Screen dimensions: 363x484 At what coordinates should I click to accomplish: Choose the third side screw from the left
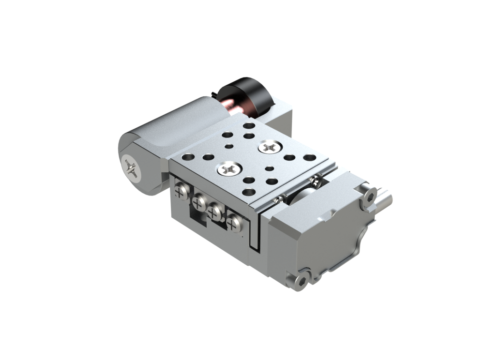click(214, 211)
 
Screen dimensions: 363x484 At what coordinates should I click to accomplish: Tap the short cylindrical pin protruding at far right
click(385, 198)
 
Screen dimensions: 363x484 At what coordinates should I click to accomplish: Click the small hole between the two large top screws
click(248, 158)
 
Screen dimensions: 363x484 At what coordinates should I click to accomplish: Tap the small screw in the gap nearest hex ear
click(316, 181)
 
